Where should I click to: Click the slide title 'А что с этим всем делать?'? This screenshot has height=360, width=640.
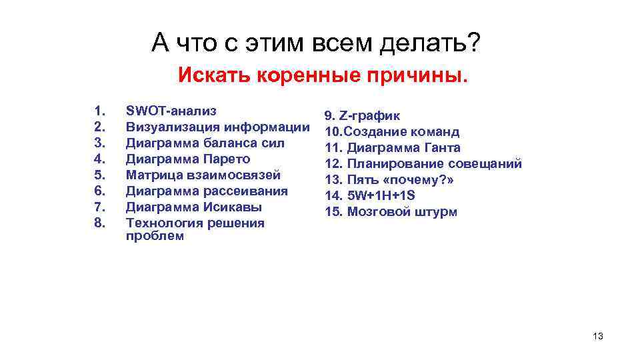tap(315, 44)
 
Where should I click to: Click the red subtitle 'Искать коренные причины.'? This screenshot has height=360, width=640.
tap(323, 75)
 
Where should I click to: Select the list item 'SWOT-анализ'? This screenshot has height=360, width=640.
tap(171, 111)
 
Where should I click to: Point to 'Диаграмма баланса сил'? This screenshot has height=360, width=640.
tap(205, 143)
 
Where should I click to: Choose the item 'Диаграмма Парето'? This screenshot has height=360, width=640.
tap(188, 159)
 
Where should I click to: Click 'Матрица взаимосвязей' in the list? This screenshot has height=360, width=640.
tap(203, 175)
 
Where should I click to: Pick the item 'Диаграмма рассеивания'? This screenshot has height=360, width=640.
tap(207, 191)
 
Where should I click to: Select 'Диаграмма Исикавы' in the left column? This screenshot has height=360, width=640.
tap(194, 207)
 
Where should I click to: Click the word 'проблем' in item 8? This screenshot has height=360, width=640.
tap(155, 236)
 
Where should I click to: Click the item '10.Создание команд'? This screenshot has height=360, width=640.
tap(392, 131)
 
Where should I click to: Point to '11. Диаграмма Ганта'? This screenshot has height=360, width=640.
tap(393, 147)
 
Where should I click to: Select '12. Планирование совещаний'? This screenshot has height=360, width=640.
tap(423, 163)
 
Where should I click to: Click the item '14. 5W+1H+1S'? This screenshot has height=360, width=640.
tap(369, 195)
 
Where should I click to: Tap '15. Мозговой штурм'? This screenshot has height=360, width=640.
tap(391, 212)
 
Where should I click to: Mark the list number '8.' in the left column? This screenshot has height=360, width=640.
tap(100, 223)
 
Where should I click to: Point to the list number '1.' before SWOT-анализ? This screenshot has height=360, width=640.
tap(100, 111)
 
